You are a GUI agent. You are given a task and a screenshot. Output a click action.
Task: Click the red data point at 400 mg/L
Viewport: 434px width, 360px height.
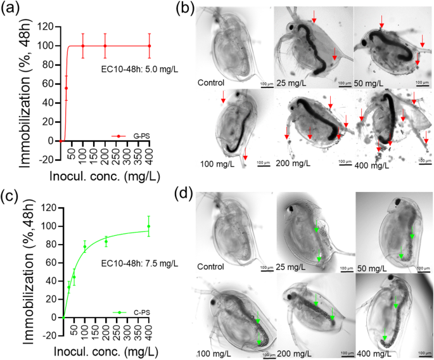point(149,46)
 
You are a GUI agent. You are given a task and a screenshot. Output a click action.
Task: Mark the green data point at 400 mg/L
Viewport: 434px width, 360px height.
point(149,226)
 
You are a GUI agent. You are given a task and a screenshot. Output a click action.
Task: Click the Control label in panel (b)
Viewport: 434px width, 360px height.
point(211,82)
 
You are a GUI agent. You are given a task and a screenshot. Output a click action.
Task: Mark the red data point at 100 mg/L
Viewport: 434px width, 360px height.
point(82,46)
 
